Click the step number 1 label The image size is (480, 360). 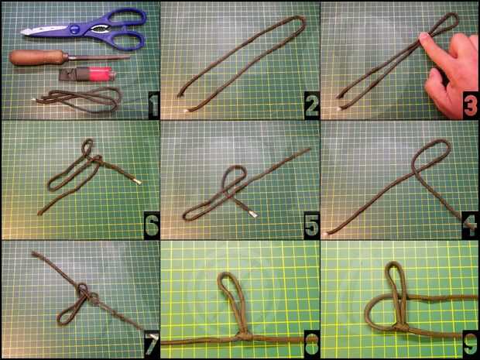pyautogui.click(x=154, y=106)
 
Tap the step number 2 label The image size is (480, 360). pyautogui.click(x=312, y=106)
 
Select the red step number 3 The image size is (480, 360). pyautogui.click(x=470, y=106)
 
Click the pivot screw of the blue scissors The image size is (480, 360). pyautogui.click(x=74, y=29)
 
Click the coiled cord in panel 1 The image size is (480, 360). pyautogui.click(x=79, y=99)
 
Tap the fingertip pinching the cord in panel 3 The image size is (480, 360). pyautogui.click(x=423, y=37)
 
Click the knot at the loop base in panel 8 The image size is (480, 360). pyautogui.click(x=243, y=337)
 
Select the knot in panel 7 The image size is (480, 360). pyautogui.click(x=87, y=293)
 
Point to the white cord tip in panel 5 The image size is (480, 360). pyautogui.click(x=252, y=214)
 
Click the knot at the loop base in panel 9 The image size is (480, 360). pyautogui.click(x=400, y=327)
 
